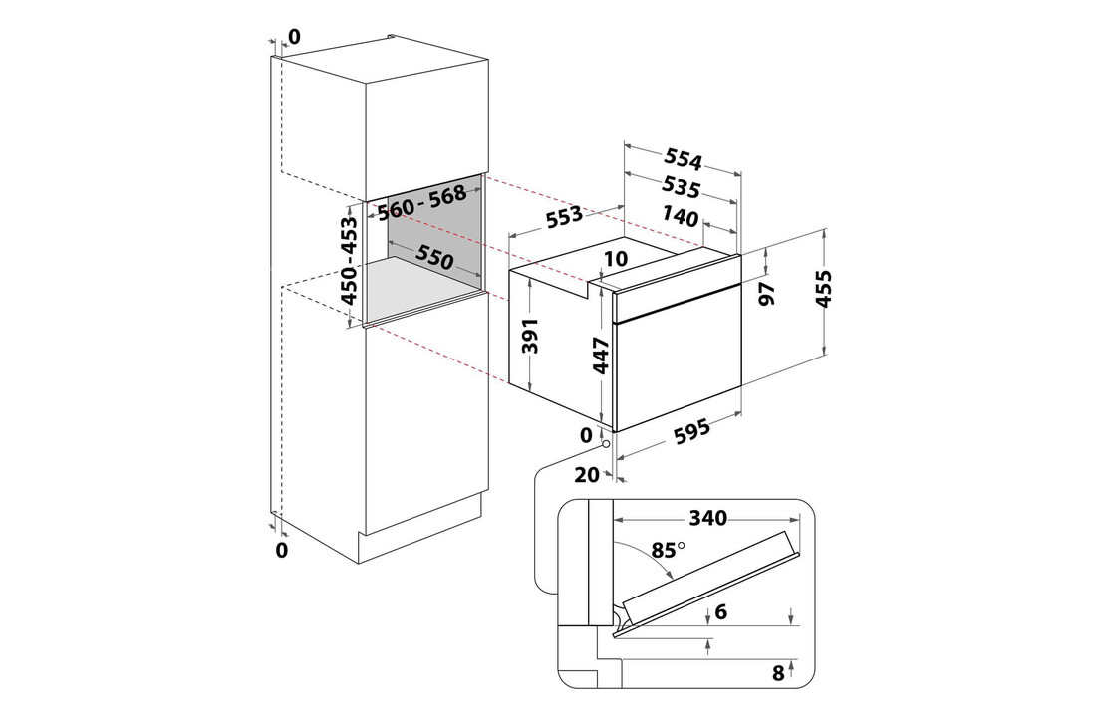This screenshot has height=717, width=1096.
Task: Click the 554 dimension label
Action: [x=684, y=161]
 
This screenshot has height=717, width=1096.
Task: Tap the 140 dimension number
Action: [x=681, y=215]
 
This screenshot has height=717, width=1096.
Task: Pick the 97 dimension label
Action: [x=768, y=294]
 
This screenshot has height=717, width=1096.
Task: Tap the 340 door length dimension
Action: [x=707, y=518]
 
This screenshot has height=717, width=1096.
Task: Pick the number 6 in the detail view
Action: [x=721, y=613]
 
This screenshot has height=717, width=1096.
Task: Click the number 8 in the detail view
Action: [x=779, y=673]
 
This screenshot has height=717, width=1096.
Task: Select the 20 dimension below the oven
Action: [x=587, y=475]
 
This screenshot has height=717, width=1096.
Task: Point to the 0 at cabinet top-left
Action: [x=293, y=38]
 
